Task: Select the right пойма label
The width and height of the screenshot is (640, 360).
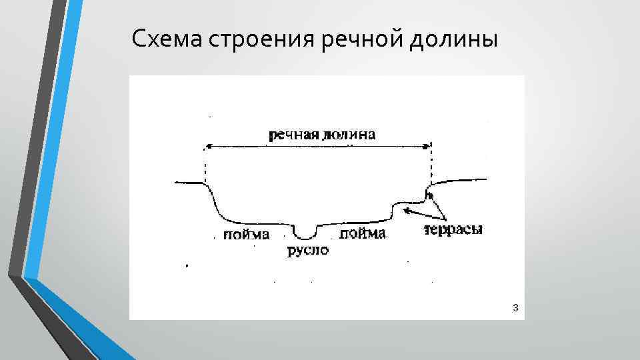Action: click(x=363, y=233)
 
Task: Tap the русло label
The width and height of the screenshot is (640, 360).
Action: click(x=308, y=251)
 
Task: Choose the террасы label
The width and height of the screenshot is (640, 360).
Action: click(x=453, y=229)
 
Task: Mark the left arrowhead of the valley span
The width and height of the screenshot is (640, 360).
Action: click(x=208, y=146)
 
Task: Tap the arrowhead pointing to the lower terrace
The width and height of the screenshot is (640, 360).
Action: click(x=405, y=209)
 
